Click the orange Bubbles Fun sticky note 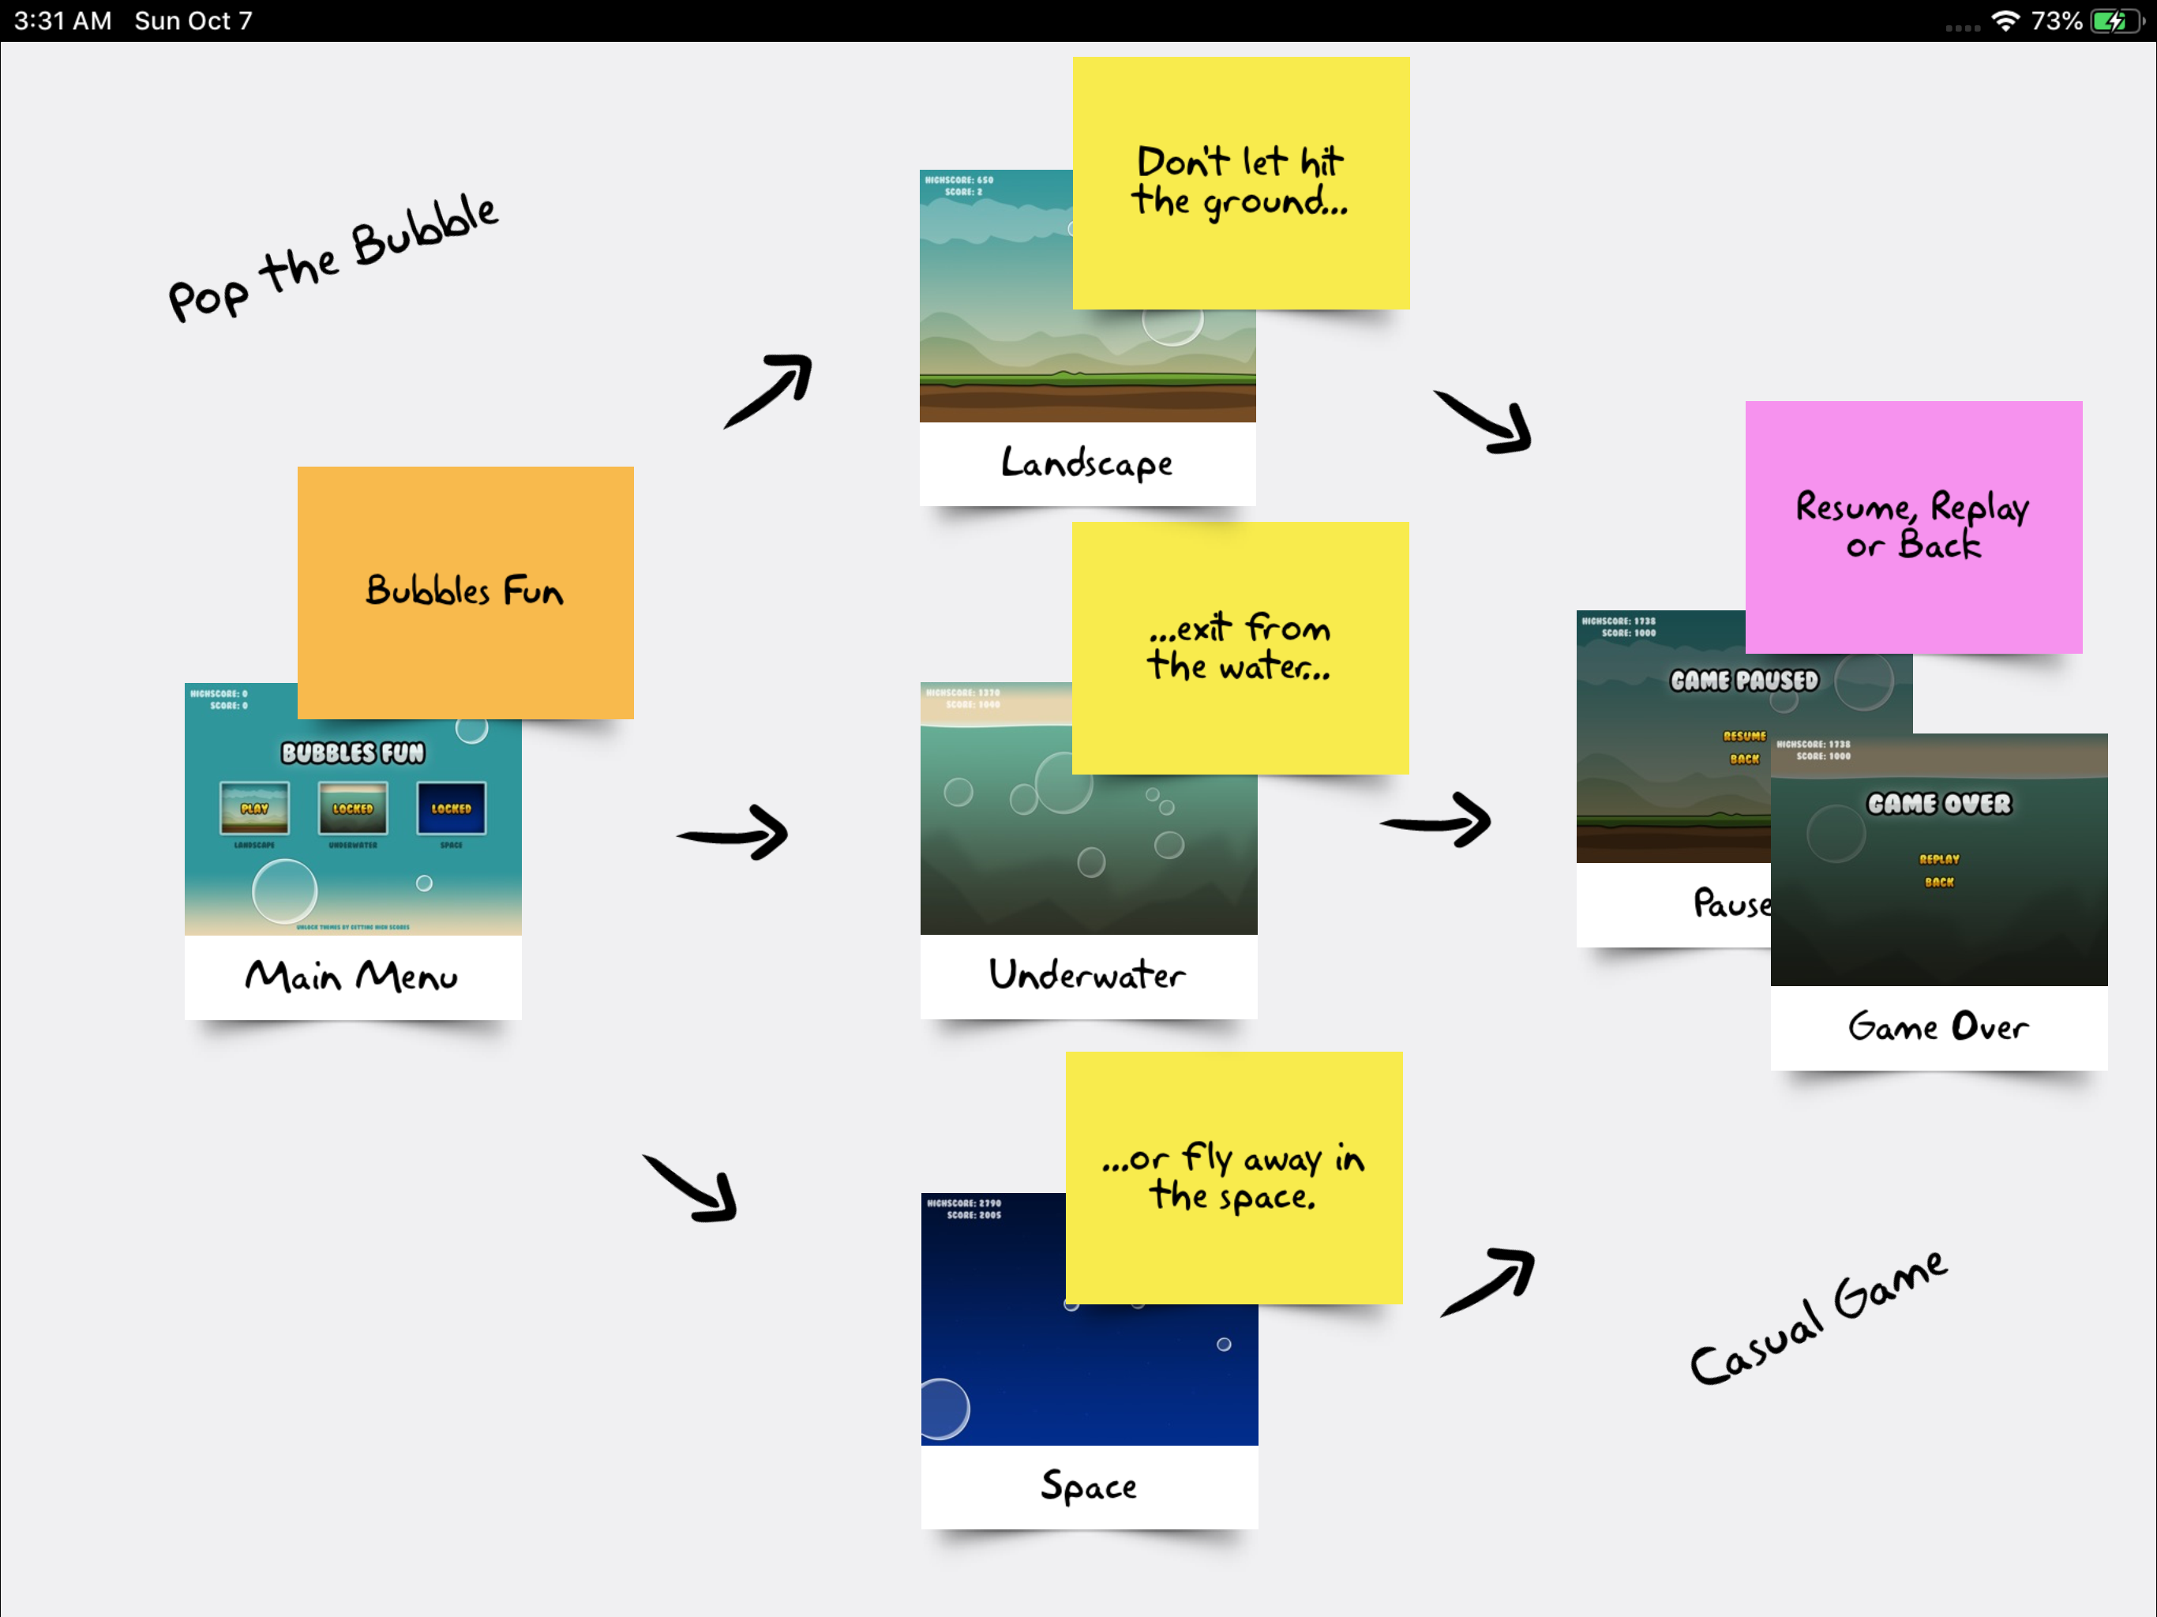465,592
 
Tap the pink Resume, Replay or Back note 1912,527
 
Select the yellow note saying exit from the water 1240,647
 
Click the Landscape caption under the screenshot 1087,463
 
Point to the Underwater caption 1087,974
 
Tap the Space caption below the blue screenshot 1088,1485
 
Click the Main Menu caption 351,976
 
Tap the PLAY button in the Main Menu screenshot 254,808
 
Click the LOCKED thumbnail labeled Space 451,808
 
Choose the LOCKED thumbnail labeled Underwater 352,808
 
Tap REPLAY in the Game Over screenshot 1938,859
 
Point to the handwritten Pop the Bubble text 332,257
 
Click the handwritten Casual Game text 1818,1319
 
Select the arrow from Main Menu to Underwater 733,833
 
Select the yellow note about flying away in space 1233,1177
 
